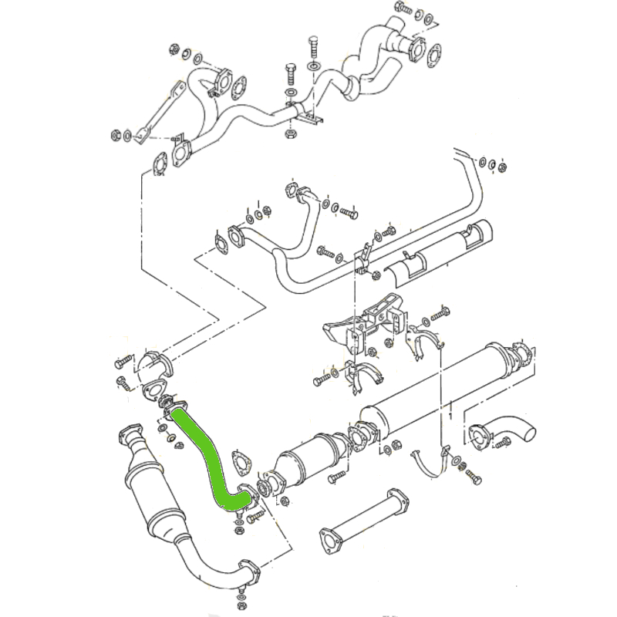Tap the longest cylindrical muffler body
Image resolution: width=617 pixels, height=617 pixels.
(x=447, y=386)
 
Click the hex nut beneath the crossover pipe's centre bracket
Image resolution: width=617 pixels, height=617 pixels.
(x=291, y=133)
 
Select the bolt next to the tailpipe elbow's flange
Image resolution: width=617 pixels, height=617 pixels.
(x=504, y=443)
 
